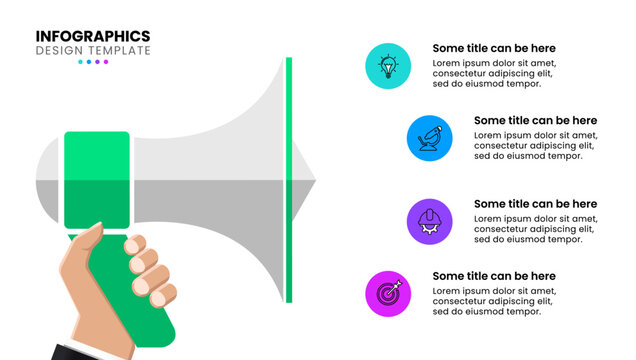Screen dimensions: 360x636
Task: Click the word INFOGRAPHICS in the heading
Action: click(93, 36)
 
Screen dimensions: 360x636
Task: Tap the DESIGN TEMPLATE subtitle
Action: click(93, 50)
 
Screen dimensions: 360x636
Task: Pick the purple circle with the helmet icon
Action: click(430, 220)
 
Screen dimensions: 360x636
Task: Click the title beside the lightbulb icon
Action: click(494, 48)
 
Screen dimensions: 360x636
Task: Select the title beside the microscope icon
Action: click(535, 121)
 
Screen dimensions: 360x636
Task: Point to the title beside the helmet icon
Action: click(535, 204)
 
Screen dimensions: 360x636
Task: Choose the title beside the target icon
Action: click(494, 276)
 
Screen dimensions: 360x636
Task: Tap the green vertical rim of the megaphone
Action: click(289, 180)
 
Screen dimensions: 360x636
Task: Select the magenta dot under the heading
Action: click(106, 62)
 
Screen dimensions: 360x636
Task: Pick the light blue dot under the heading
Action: click(80, 62)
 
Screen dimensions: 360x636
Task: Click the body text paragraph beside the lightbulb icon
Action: click(494, 73)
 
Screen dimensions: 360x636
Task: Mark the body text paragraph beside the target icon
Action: click(494, 301)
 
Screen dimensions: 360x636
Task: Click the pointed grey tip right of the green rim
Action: click(304, 181)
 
